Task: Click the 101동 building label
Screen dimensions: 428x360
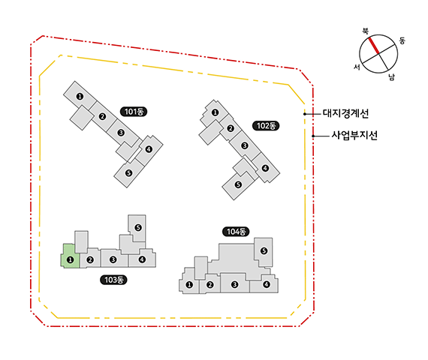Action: pyautogui.click(x=134, y=112)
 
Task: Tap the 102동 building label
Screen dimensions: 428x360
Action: pyautogui.click(x=266, y=126)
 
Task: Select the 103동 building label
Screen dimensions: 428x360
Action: pyautogui.click(x=113, y=280)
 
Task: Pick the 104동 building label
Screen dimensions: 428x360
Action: pyautogui.click(x=236, y=232)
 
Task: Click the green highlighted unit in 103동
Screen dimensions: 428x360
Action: pyautogui.click(x=70, y=256)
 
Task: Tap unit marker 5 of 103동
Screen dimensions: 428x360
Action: pyautogui.click(x=138, y=227)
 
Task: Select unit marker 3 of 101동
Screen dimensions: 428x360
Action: pyautogui.click(x=121, y=133)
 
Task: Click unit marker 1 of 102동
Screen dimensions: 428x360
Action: pyautogui.click(x=215, y=112)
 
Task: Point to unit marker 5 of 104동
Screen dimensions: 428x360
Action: pyautogui.click(x=264, y=250)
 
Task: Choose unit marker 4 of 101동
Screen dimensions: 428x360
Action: pyautogui.click(x=149, y=149)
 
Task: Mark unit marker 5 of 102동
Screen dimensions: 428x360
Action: pyautogui.click(x=238, y=184)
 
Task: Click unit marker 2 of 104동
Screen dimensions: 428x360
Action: pyautogui.click(x=210, y=285)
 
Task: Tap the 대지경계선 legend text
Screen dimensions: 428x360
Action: pyautogui.click(x=345, y=113)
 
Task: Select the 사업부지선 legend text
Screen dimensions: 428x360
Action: pyautogui.click(x=354, y=135)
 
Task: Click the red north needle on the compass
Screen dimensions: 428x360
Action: pyautogui.click(x=374, y=46)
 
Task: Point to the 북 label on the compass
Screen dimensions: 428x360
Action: pyautogui.click(x=365, y=31)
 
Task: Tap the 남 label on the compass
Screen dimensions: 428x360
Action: pyautogui.click(x=391, y=77)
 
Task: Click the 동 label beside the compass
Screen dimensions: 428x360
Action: pyautogui.click(x=402, y=41)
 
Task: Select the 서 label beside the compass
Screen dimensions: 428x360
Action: pyautogui.click(x=357, y=67)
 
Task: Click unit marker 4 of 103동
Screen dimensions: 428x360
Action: pyautogui.click(x=142, y=259)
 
